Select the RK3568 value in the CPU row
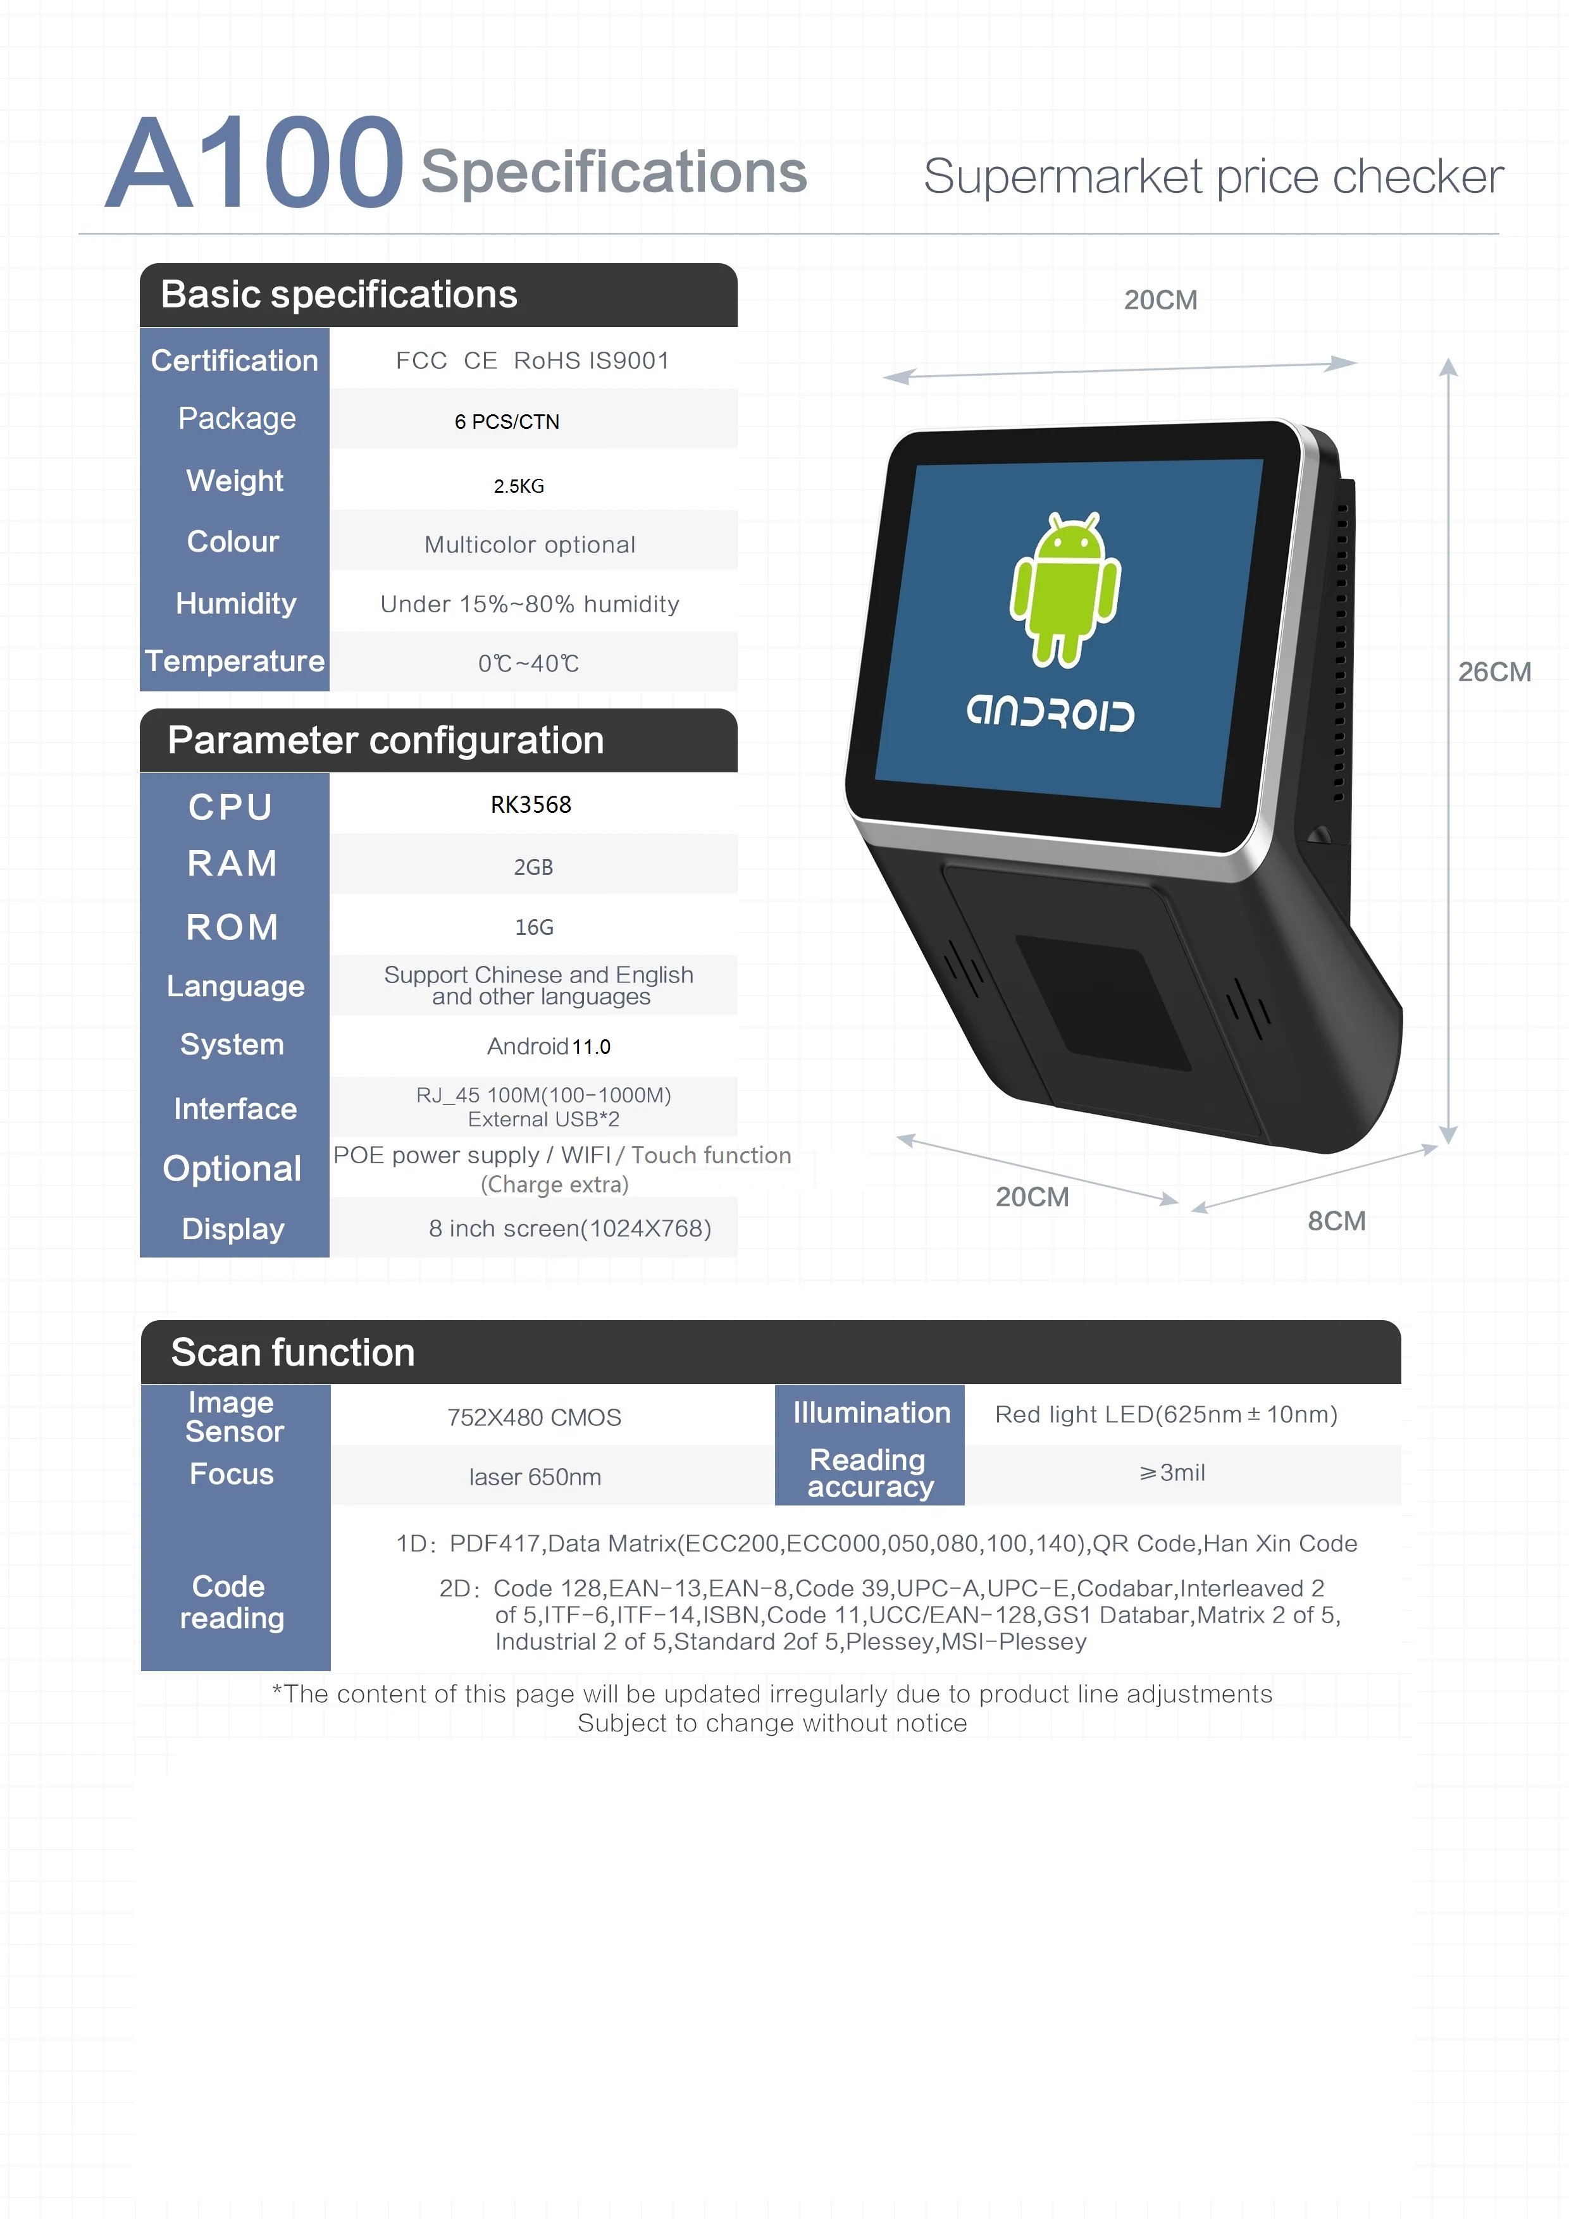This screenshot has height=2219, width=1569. tap(531, 805)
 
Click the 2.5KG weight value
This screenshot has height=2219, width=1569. tap(519, 486)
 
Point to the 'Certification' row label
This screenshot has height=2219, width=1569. tap(235, 361)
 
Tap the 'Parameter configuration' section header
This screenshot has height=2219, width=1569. tap(386, 740)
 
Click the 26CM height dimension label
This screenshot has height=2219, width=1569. tap(1494, 672)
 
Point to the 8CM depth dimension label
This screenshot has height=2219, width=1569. tap(1336, 1221)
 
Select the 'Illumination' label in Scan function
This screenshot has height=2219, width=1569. tap(871, 1413)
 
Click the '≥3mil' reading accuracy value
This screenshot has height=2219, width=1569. tap(1172, 1473)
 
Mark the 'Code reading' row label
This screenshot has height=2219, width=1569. tap(232, 1602)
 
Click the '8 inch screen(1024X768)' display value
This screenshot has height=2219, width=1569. tap(569, 1229)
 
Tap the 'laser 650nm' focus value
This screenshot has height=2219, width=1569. tap(535, 1477)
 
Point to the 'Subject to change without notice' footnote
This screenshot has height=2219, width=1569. tap(771, 1723)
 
